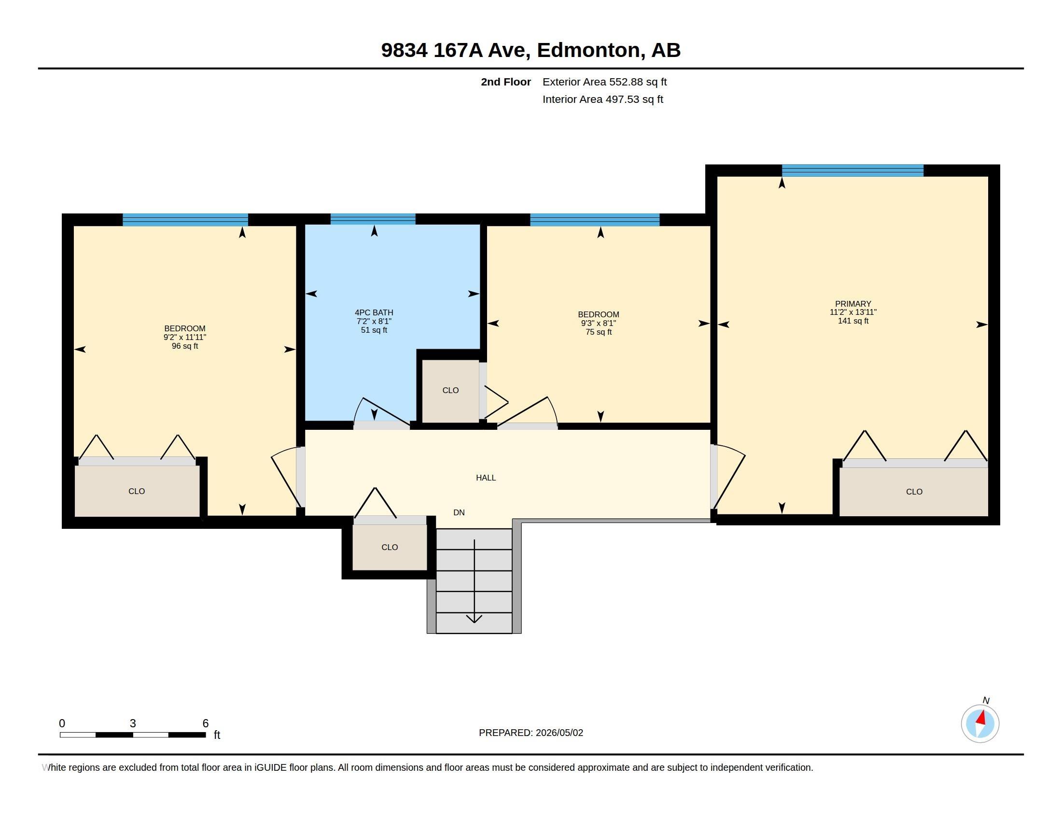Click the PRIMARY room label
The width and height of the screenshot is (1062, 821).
pos(853,303)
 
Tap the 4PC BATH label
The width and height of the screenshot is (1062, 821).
pos(374,313)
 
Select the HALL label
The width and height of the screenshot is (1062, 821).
pos(486,478)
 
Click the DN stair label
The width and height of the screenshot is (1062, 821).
pos(459,512)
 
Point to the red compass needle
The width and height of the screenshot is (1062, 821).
pos(981,718)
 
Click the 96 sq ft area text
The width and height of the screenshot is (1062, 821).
pos(185,346)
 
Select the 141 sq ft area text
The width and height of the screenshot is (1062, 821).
pos(853,321)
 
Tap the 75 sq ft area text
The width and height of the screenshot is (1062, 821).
pos(599,332)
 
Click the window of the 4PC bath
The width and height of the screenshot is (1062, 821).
pos(373,219)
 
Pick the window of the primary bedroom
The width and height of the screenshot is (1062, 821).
pos(852,170)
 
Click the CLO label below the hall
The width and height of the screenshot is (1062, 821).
pos(390,547)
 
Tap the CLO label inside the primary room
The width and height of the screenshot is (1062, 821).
pos(914,492)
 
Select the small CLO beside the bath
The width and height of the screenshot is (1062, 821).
pos(450,390)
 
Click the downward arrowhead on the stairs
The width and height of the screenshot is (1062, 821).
pos(474,618)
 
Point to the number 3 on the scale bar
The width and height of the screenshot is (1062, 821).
pos(133,723)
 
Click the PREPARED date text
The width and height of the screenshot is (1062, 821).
pos(531,733)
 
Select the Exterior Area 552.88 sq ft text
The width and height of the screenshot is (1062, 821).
pos(604,82)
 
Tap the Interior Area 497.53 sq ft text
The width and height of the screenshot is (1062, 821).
pos(603,99)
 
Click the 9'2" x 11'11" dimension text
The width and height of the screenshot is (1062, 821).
pos(185,337)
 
